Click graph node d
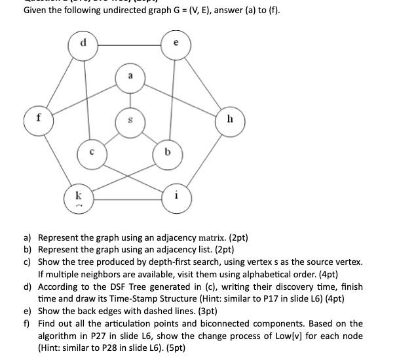click(83, 45)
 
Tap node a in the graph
click(130, 77)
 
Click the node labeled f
click(39, 120)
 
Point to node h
click(229, 121)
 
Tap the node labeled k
click(79, 197)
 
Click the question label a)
click(28, 237)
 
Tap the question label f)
click(28, 323)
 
